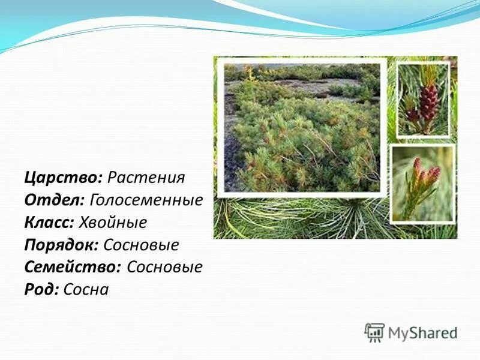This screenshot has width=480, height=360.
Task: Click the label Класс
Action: [x=50, y=223]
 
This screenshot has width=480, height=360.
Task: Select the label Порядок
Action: [x=61, y=245]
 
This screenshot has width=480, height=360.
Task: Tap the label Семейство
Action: [x=73, y=267]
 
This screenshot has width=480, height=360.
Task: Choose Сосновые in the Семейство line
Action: [x=165, y=267]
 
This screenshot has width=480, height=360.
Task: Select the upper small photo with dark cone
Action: [x=423, y=99]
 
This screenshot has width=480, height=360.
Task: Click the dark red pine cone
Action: [x=427, y=102]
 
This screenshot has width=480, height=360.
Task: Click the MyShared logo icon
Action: [x=374, y=332]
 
